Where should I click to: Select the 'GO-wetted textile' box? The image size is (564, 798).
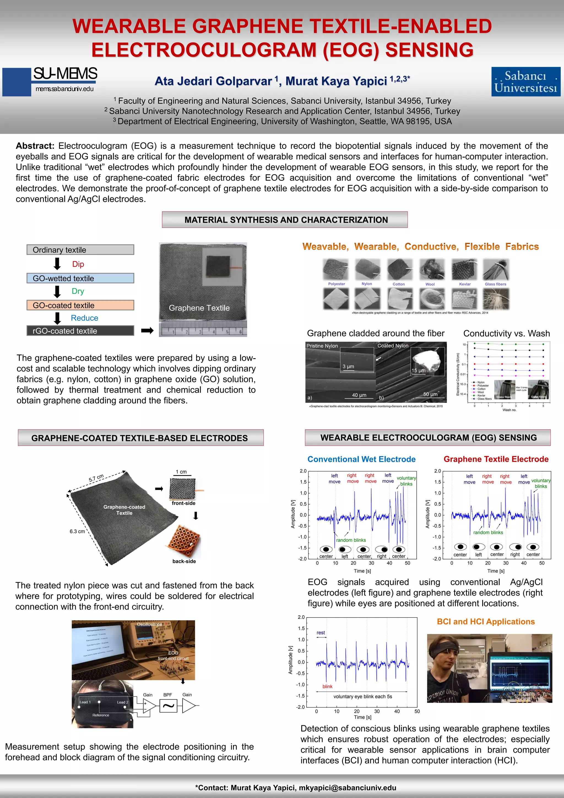point(80,278)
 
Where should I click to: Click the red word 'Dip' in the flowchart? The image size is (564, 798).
point(78,264)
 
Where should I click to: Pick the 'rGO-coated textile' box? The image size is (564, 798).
point(80,331)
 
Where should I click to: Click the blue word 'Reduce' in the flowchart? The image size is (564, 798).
point(84,318)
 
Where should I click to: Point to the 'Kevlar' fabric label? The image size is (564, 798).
point(465,284)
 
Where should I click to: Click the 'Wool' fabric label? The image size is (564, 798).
point(430,284)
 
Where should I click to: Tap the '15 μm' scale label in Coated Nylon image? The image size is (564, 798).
point(419,371)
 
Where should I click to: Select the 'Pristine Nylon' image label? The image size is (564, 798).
point(322,346)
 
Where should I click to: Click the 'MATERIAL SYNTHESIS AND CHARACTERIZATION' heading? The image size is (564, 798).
point(286,220)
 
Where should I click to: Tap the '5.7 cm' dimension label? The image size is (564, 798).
point(96,478)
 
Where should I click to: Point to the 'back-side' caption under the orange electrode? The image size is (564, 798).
point(184,561)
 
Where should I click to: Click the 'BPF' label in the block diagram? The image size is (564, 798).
point(168,695)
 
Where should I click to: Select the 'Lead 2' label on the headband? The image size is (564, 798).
point(123,702)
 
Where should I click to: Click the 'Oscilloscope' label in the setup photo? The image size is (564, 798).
point(149,624)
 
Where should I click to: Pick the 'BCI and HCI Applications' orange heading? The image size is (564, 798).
point(486,622)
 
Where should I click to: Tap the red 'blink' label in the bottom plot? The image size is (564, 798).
point(327,686)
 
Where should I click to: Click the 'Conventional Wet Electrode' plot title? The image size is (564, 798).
point(361,459)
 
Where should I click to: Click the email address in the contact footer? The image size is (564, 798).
point(347,788)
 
